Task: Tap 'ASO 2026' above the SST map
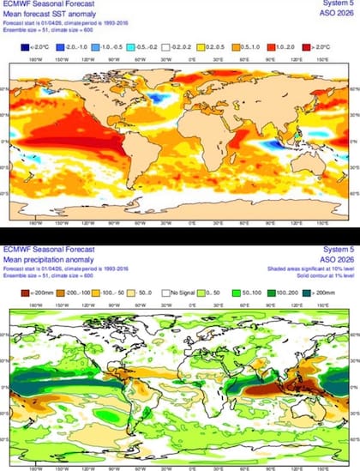tap(337, 14)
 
